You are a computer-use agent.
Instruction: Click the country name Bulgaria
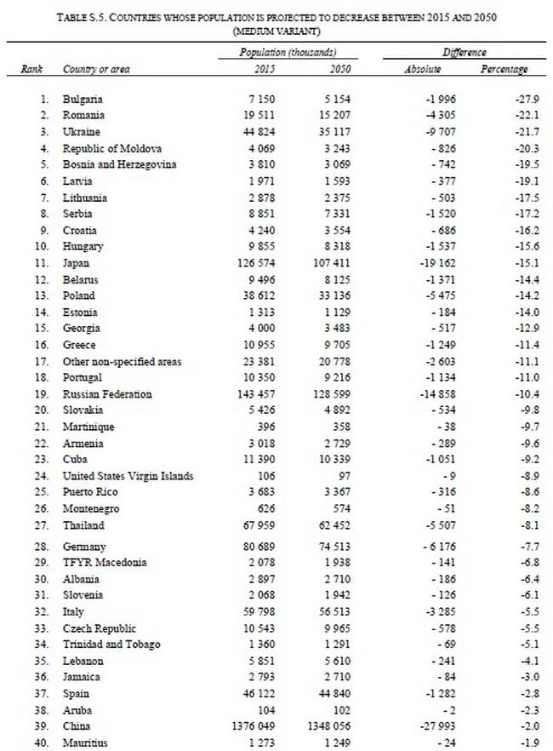point(83,100)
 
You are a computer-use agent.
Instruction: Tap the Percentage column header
point(504,69)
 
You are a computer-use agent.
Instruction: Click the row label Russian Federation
point(107,394)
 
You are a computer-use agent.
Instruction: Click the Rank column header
point(32,69)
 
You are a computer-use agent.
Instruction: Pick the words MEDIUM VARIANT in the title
point(276,31)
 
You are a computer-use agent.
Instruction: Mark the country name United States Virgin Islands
point(128,476)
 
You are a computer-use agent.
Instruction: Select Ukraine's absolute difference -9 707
point(437,132)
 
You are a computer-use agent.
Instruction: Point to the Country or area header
point(96,69)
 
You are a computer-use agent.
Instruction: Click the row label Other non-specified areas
point(123,362)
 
